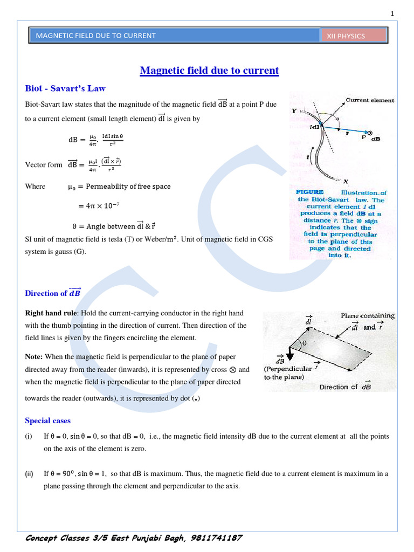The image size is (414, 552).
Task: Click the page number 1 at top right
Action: point(393,13)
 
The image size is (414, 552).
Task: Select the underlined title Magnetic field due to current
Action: point(209,71)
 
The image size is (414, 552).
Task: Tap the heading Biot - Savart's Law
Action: point(65,88)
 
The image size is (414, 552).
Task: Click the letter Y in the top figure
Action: point(294,111)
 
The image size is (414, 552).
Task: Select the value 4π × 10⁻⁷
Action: point(99,205)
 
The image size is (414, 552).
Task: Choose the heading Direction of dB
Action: point(52,293)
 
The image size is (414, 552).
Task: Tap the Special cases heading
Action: point(47,420)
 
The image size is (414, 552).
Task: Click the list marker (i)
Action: point(29,436)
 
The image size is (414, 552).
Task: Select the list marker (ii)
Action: point(29,474)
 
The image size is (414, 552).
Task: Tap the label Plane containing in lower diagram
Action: point(367,316)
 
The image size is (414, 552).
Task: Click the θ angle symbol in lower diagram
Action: point(303,343)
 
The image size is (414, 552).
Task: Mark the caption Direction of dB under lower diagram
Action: point(345,387)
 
